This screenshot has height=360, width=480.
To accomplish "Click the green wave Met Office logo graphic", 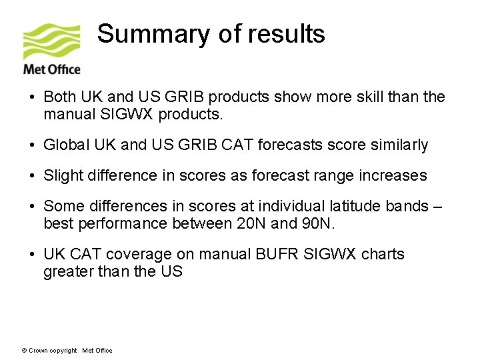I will [x=51, y=41].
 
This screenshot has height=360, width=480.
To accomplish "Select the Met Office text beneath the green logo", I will [x=51, y=69].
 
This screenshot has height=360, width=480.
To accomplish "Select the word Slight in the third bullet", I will [x=62, y=176].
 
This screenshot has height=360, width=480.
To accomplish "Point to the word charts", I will [x=383, y=255].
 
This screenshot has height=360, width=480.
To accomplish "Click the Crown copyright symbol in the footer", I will [x=25, y=351].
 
